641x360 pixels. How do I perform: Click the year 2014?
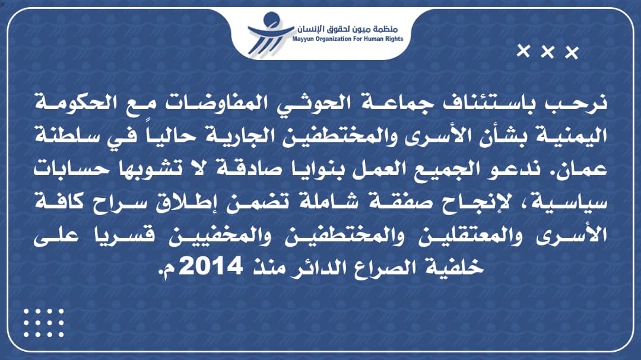(211, 266)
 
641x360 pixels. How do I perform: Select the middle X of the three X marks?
(547, 52)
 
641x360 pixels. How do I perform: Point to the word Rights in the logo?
(393, 39)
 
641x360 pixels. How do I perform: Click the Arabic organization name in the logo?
(347, 28)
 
